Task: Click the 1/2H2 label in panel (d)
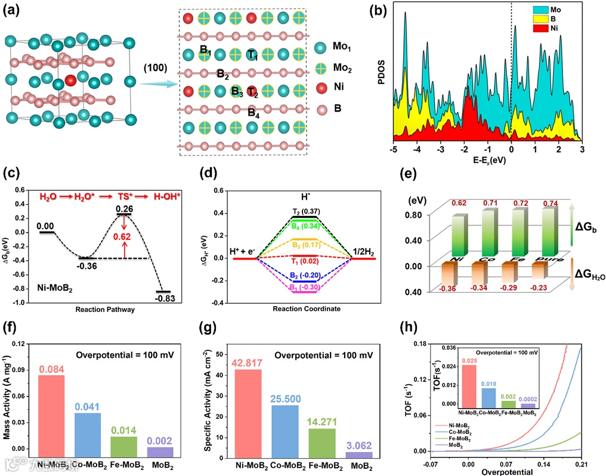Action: [x=365, y=251]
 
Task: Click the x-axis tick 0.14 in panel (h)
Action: [x=544, y=463]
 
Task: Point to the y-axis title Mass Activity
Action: [x=8, y=400]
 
